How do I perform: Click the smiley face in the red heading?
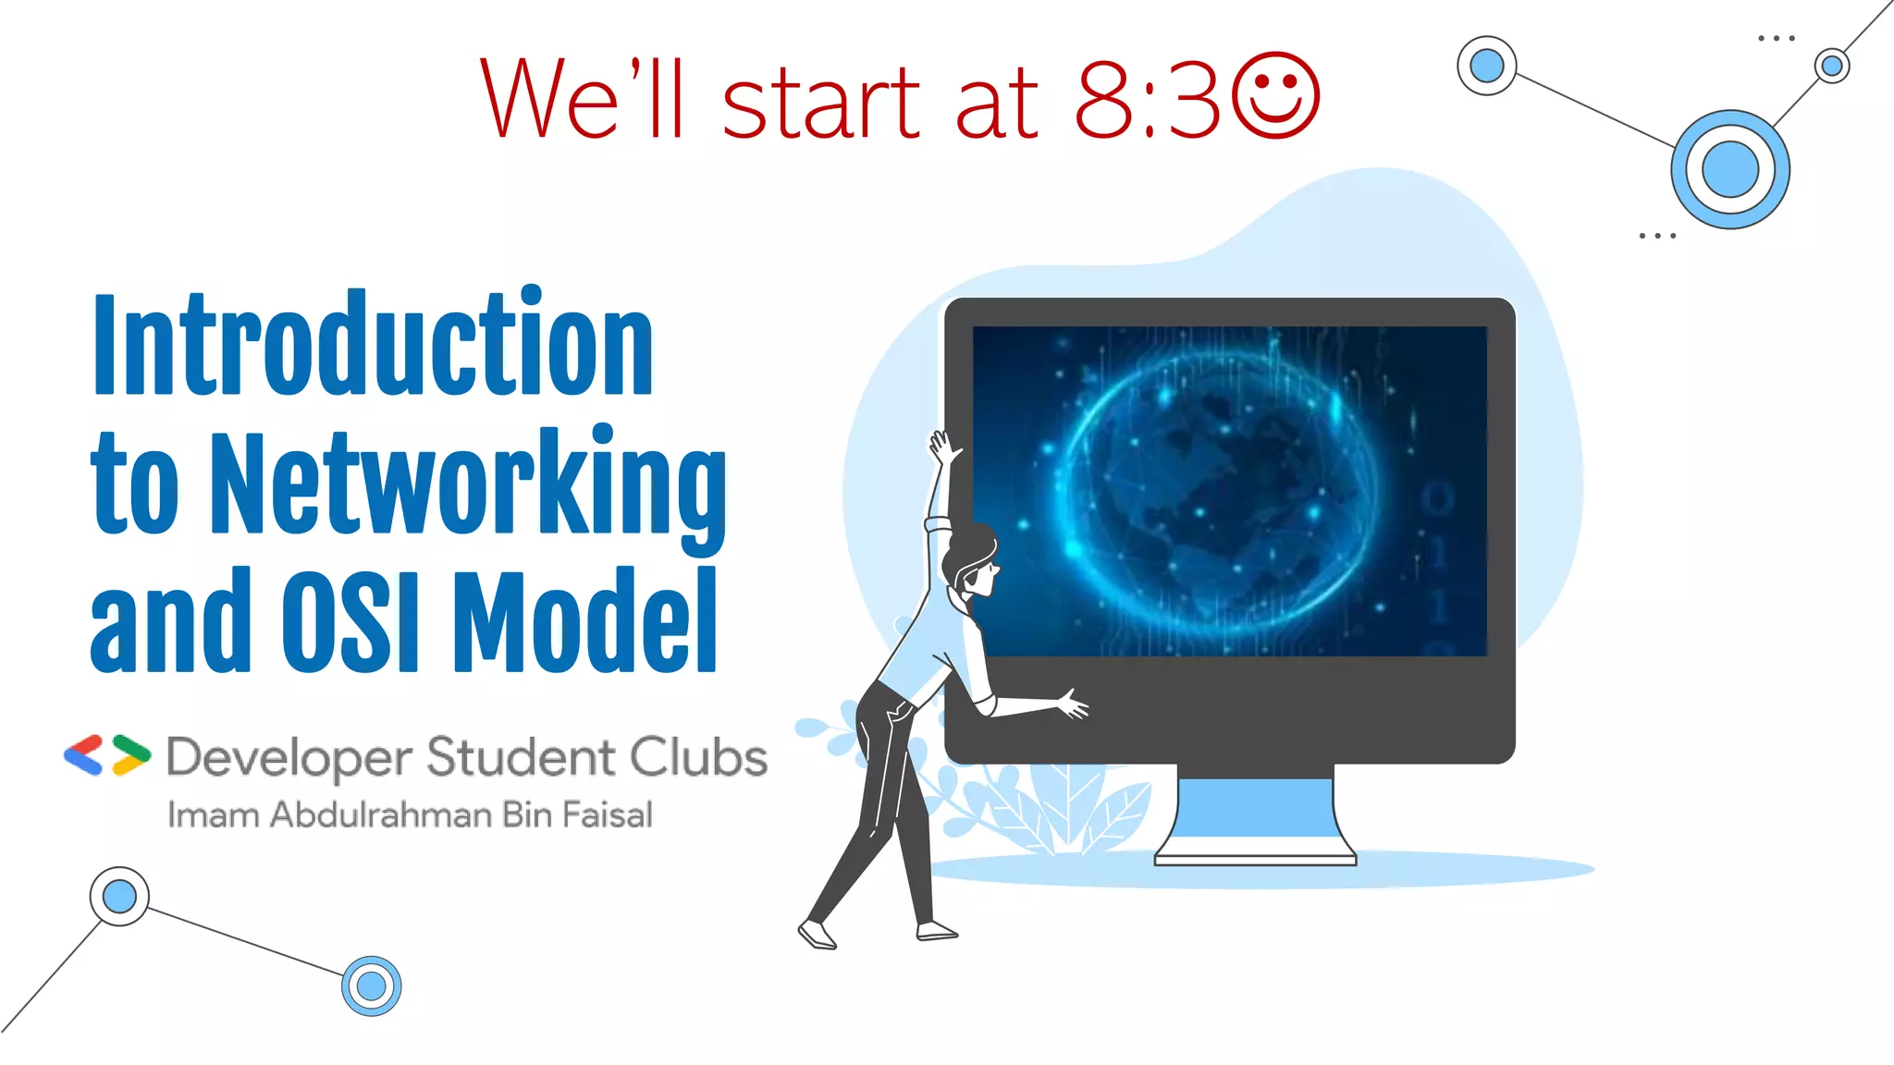coord(1276,96)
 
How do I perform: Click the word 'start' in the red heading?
coord(821,102)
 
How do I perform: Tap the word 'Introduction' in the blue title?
coord(373,344)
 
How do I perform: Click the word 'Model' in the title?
coord(585,621)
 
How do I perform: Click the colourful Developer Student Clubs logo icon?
coord(107,755)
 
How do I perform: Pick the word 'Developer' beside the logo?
coord(289,759)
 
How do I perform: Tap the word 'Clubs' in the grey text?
coord(700,757)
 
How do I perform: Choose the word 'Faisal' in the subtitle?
coord(607,815)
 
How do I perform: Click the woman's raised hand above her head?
coord(943,447)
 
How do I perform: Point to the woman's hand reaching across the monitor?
coord(1073,705)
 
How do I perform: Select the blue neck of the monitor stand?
coord(1255,806)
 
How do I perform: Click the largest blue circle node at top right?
coord(1729,170)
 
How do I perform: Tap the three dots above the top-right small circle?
coord(1776,39)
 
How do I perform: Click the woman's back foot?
coord(818,936)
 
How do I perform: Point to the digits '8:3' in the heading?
coord(1147,100)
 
